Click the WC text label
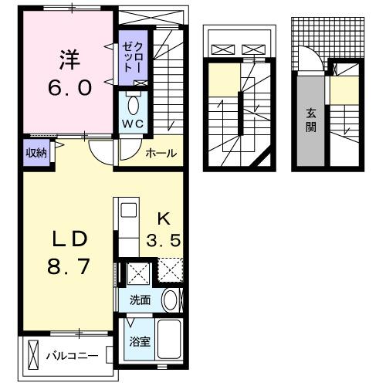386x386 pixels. pos(130,124)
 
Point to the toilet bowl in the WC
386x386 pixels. pos(131,104)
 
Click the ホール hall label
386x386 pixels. pos(160,153)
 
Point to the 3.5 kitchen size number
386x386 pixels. pos(164,241)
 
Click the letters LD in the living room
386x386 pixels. pos(67,238)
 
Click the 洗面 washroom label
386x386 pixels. pos(140,300)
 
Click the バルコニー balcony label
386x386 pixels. pos(71,356)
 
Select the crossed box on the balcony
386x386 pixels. pos(32,356)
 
